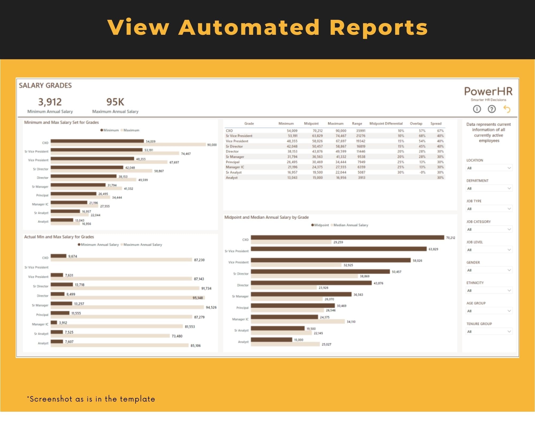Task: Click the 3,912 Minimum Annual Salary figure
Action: pos(50,102)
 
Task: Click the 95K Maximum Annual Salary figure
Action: pos(115,102)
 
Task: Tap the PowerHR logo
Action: pos(488,91)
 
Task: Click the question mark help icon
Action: pos(492,109)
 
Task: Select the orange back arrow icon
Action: pos(507,109)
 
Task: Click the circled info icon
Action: pos(477,109)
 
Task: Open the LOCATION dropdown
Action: pos(489,168)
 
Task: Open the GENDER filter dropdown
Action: pos(489,270)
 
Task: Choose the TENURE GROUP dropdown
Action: pos(489,332)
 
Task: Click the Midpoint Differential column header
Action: pos(386,124)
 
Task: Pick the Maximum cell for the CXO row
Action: pos(341,131)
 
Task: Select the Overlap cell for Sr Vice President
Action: pos(422,136)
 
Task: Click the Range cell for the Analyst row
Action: pos(361,178)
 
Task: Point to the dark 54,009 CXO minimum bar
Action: pos(97,141)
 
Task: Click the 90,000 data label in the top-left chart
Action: pos(212,145)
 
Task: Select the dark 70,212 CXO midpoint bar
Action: pos(347,238)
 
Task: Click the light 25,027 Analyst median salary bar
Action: pos(285,344)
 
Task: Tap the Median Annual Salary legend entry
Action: pos(350,225)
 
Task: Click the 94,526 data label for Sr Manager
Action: pos(211,307)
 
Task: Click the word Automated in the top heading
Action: pos(249,27)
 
